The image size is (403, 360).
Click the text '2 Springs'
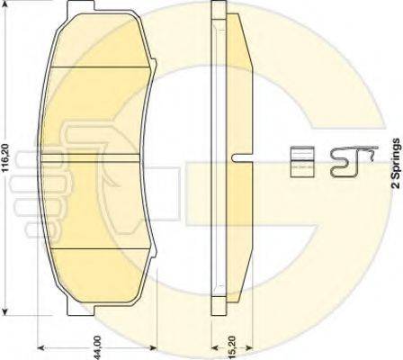(x=394, y=162)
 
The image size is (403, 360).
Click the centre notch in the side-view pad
(x=238, y=158)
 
